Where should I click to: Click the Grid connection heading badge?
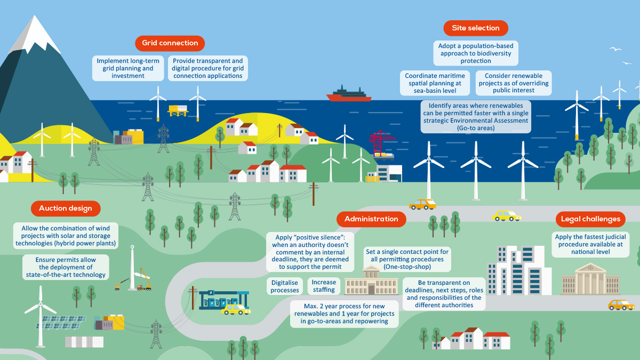pyautogui.click(x=170, y=43)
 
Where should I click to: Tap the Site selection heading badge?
pyautogui.click(x=476, y=28)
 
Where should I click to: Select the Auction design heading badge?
pyautogui.click(x=66, y=209)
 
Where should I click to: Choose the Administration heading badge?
pyautogui.click(x=371, y=219)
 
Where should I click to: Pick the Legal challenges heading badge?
pyautogui.click(x=590, y=219)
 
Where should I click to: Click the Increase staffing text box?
pyautogui.click(x=324, y=286)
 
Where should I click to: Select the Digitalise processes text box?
pyautogui.click(x=285, y=286)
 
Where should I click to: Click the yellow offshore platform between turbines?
pyautogui.click(x=178, y=110)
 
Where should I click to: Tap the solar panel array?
pyautogui.click(x=61, y=323)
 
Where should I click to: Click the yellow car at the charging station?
pyautogui.click(x=236, y=309)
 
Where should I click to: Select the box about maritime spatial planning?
pyautogui.click(x=435, y=83)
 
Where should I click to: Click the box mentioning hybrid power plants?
pyautogui.click(x=66, y=236)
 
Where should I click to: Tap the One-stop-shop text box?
pyautogui.click(x=407, y=259)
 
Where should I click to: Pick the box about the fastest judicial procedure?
pyautogui.click(x=590, y=245)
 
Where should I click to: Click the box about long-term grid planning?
pyautogui.click(x=128, y=68)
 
